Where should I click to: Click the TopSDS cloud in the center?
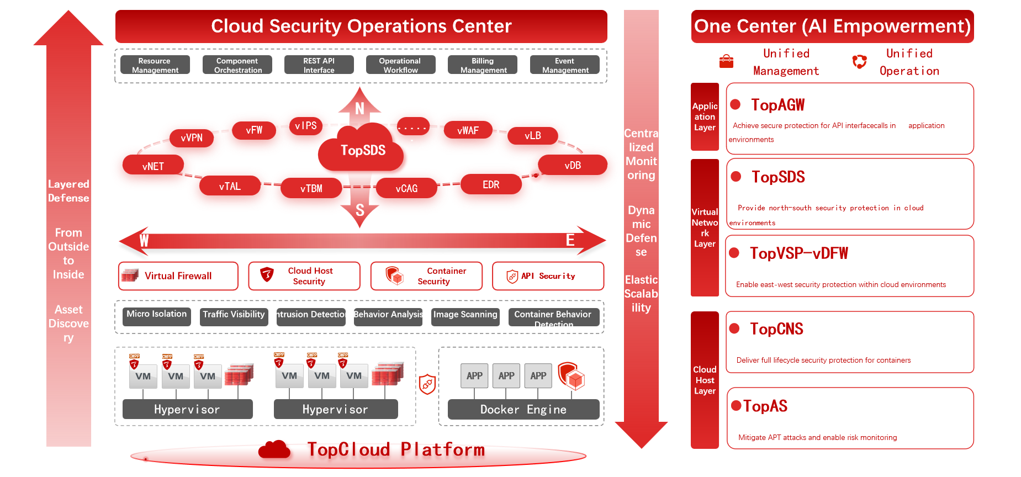[x=362, y=150]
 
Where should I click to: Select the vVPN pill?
[x=192, y=137]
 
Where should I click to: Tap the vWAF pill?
[x=468, y=130]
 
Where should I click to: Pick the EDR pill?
[x=491, y=184]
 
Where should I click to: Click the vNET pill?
[x=153, y=166]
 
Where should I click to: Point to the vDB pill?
[x=573, y=165]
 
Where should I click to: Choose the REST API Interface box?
[x=319, y=65]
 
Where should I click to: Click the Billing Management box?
[x=483, y=65]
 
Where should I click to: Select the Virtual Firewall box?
[x=178, y=276]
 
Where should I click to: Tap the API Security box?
[x=548, y=276]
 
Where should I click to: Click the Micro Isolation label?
[x=156, y=315]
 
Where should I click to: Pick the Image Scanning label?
[x=465, y=315]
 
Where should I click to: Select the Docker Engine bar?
[x=523, y=410]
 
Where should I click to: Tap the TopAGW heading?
[x=777, y=105]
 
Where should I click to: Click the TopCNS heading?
[x=776, y=329]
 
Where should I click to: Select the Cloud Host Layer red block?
[x=705, y=380]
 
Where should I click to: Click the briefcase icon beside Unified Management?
[x=727, y=61]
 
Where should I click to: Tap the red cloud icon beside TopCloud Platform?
[x=274, y=450]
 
